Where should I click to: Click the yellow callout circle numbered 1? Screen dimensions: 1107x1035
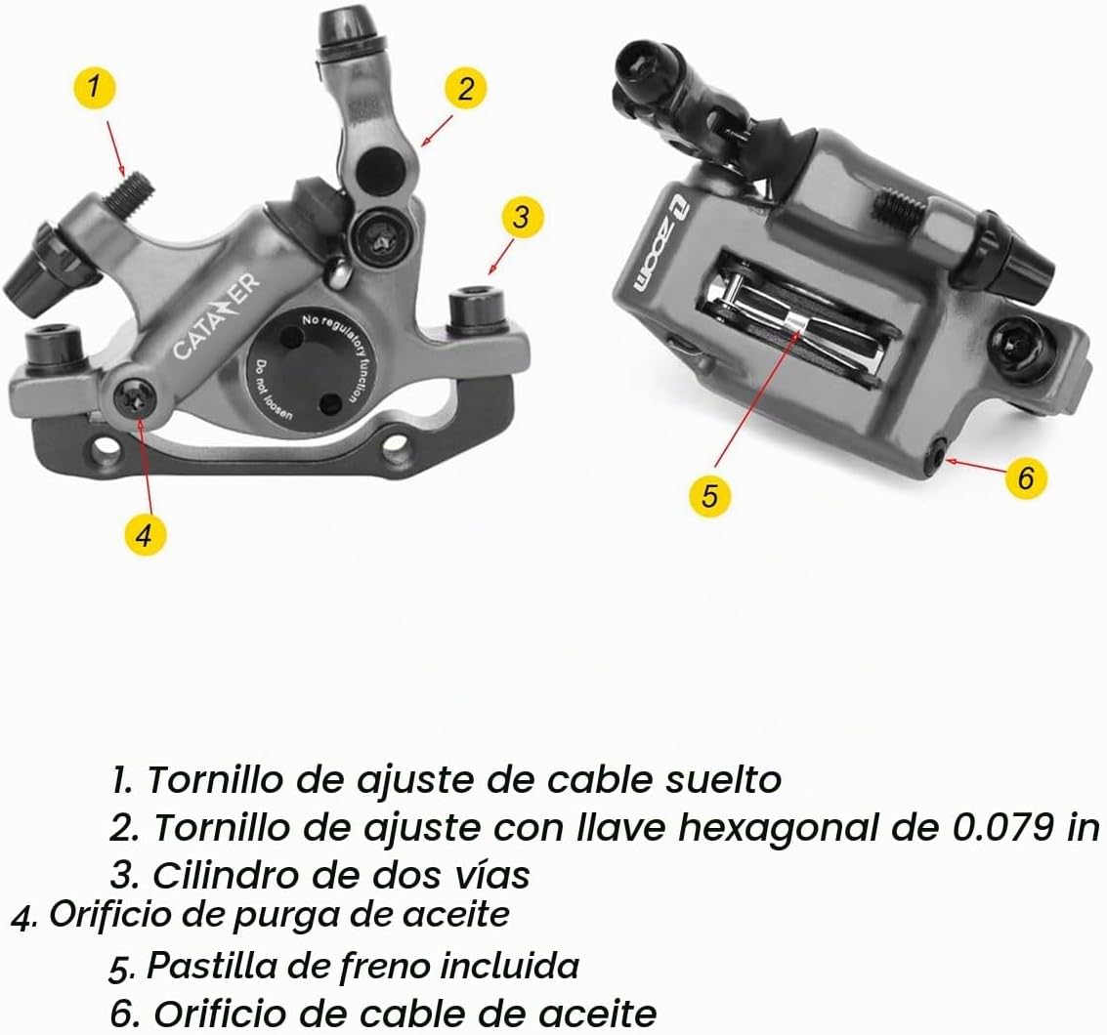tap(93, 88)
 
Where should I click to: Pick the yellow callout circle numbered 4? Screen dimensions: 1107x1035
tap(145, 535)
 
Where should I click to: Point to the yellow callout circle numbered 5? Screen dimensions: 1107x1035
tap(709, 495)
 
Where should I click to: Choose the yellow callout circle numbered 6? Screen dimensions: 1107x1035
tap(1026, 477)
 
